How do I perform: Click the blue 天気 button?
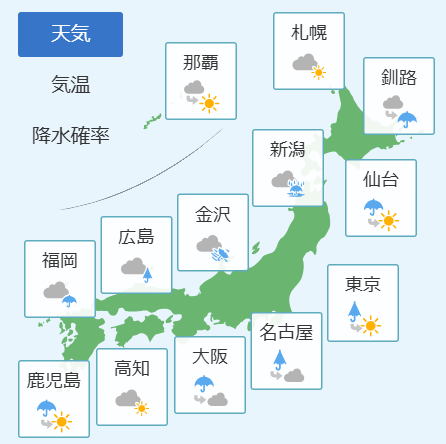[70, 34]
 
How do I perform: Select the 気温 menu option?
[71, 84]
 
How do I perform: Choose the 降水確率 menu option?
[71, 135]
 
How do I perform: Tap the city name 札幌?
[309, 32]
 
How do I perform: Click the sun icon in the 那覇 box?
[209, 104]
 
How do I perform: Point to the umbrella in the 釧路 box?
[407, 119]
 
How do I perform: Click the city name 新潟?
[288, 149]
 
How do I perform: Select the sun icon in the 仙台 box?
[389, 221]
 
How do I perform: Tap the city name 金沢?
[213, 214]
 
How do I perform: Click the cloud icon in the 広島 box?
[133, 266]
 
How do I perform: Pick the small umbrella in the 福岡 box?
[69, 301]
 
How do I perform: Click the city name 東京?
[363, 284]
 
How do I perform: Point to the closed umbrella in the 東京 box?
[354, 311]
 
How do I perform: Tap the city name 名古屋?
[286, 332]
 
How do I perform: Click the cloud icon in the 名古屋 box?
[294, 375]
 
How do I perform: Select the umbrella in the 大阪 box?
[204, 384]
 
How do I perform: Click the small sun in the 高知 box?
[142, 408]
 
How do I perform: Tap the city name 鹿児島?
[54, 380]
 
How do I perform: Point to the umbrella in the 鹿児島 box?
[47, 408]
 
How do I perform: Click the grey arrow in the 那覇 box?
[192, 99]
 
